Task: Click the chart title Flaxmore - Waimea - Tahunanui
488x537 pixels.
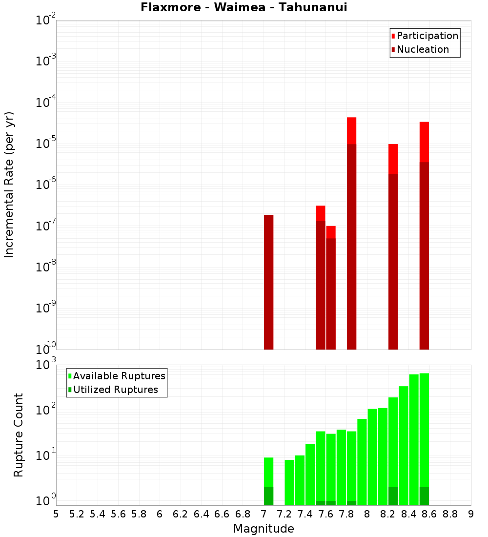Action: click(x=244, y=7)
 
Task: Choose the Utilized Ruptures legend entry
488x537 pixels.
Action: click(x=115, y=390)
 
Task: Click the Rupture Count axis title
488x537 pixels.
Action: click(x=19, y=435)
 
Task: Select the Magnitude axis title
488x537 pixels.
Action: click(x=264, y=529)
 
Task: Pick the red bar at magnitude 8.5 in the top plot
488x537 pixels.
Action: click(x=424, y=142)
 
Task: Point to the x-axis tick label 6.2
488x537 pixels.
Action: click(x=181, y=514)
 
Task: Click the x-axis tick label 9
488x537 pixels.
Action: click(x=471, y=514)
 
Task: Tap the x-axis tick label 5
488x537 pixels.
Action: click(x=56, y=514)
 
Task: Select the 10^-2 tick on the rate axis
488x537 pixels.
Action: click(x=46, y=21)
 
